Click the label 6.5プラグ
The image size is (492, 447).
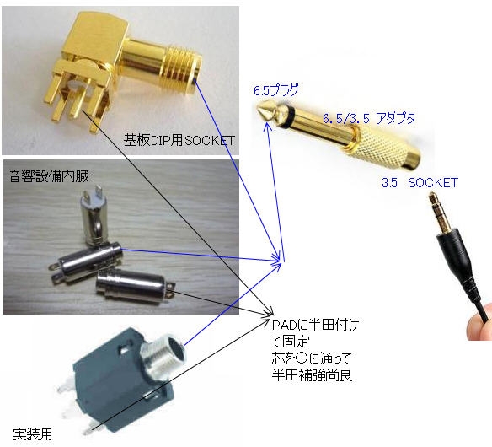click(x=275, y=90)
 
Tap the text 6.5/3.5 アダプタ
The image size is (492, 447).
click(x=369, y=118)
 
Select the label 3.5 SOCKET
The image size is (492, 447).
click(x=420, y=182)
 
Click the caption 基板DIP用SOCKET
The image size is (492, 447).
click(x=179, y=140)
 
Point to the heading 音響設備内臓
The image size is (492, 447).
click(x=49, y=176)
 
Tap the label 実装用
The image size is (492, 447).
click(x=33, y=434)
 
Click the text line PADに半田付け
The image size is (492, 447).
click(x=315, y=325)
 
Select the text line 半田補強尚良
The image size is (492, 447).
click(x=312, y=375)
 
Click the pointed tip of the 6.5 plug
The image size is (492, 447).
click(x=259, y=110)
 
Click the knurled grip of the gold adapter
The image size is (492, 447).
click(x=383, y=147)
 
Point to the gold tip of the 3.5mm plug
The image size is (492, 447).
click(x=433, y=197)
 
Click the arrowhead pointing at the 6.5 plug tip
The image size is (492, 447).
click(x=268, y=127)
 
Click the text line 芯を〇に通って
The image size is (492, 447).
click(x=311, y=358)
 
